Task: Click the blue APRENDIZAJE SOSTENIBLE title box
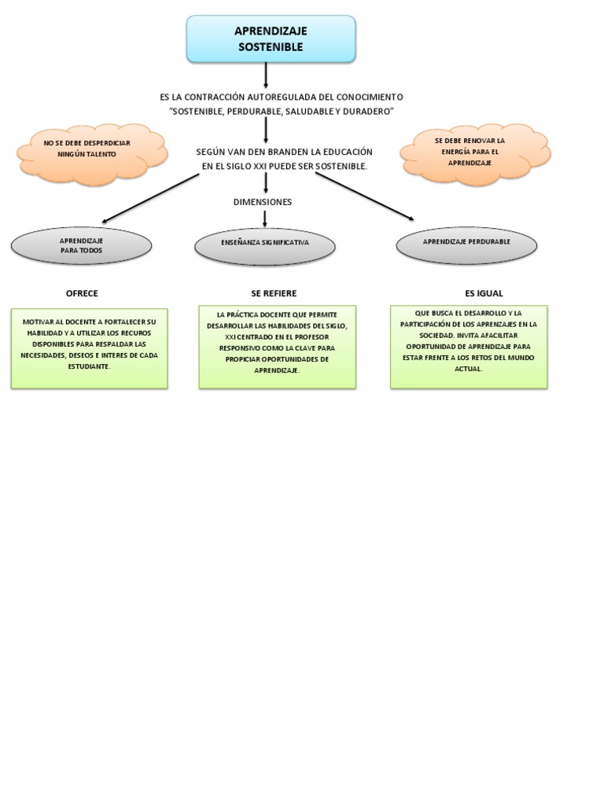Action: pos(271,39)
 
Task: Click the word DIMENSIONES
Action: pos(263,202)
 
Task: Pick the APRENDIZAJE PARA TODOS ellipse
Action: pos(81,245)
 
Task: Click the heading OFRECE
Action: pos(82,293)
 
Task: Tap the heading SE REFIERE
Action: pos(274,293)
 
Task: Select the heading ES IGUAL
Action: pos(484,293)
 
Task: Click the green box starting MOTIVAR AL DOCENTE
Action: pos(89,348)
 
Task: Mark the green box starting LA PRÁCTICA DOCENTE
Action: pos(277,347)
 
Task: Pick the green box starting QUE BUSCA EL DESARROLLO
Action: pos(469,347)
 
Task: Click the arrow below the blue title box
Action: pos(267,75)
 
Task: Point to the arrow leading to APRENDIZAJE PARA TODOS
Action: pos(149,199)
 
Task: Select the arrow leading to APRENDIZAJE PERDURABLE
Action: pos(364,196)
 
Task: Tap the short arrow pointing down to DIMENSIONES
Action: pos(267,182)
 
